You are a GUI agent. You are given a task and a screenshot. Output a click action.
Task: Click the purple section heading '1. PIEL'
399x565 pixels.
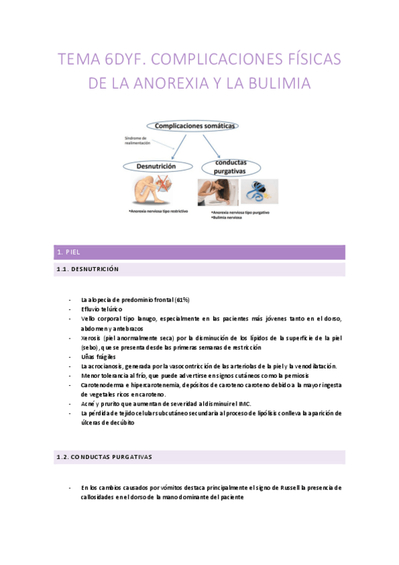69,252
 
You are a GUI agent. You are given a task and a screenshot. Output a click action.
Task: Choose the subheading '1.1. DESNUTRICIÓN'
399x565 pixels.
88,269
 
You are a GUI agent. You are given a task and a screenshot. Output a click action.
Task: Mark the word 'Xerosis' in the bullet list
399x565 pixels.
93,338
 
